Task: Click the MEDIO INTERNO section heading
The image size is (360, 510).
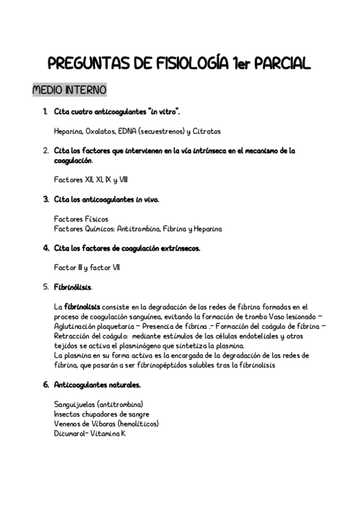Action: (69, 90)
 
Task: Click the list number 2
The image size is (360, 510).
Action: (46, 150)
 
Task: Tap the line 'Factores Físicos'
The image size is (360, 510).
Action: (81, 219)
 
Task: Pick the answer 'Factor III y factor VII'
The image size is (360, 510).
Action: (87, 268)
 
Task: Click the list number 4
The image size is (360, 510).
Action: (46, 248)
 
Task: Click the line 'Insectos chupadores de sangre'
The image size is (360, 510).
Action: (102, 414)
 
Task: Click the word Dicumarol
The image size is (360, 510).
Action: (70, 433)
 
